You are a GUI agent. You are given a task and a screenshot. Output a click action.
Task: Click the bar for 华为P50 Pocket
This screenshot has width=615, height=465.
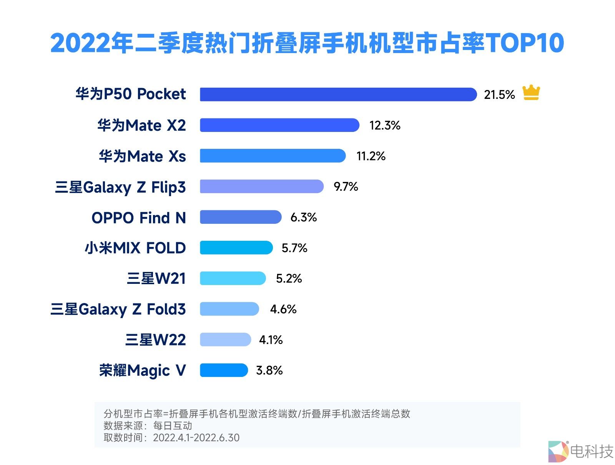(338, 94)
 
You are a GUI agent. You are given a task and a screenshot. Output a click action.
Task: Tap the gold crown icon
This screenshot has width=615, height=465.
(531, 93)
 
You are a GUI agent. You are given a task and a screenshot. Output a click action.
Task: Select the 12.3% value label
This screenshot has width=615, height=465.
(385, 125)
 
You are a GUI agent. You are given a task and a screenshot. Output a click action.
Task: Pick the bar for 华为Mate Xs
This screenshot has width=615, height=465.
(273, 156)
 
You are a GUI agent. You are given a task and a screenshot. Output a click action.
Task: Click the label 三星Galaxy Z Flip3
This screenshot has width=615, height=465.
(120, 187)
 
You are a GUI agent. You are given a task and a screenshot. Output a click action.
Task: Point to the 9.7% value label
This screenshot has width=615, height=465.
(346, 187)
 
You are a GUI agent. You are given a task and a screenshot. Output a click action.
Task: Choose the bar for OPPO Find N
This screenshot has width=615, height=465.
(241, 217)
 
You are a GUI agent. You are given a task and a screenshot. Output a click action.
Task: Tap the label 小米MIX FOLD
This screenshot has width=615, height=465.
(135, 248)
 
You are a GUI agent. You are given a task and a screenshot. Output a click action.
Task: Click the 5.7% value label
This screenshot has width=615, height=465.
(294, 248)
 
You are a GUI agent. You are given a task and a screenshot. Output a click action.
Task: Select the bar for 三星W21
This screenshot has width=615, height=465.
(233, 278)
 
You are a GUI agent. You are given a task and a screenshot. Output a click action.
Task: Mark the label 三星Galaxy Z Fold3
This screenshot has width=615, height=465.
(118, 309)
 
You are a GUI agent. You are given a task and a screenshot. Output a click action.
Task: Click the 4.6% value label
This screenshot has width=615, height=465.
(283, 309)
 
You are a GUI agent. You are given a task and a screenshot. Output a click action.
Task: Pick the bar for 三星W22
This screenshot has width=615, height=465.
(226, 340)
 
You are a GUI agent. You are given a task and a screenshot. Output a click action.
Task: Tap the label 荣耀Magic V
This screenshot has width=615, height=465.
(143, 371)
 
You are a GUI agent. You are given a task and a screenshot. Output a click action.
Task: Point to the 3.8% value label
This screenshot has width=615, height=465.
(269, 370)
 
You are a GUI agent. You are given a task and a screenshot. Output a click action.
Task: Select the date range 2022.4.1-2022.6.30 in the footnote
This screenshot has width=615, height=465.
(196, 438)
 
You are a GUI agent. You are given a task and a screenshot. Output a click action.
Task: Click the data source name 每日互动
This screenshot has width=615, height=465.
(173, 426)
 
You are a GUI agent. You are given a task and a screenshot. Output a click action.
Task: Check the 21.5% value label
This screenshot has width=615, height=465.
(499, 95)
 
